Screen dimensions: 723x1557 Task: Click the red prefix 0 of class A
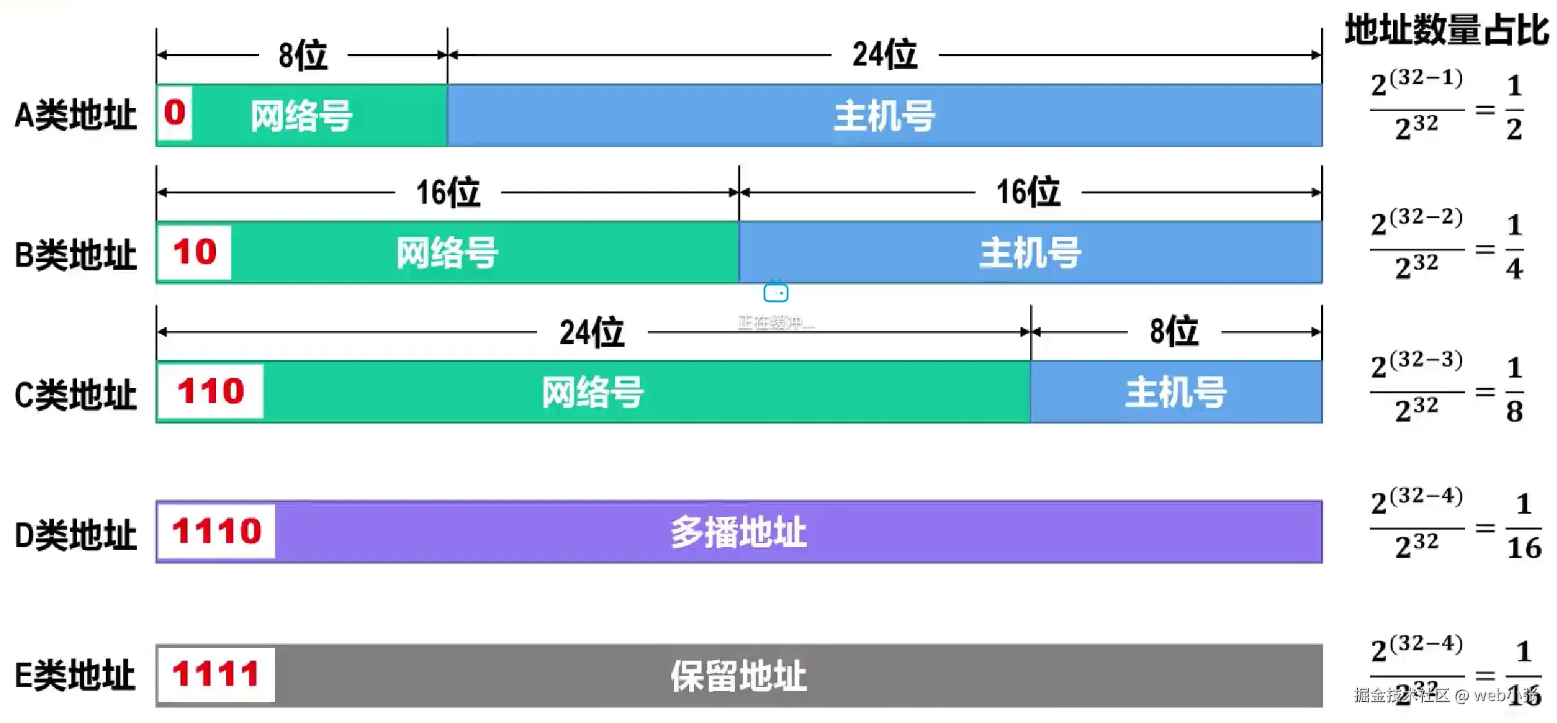pyautogui.click(x=175, y=113)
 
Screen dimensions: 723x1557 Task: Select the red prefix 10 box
pyautogui.click(x=195, y=252)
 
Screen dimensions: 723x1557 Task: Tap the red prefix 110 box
pyautogui.click(x=211, y=391)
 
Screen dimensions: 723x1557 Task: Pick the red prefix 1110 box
pyautogui.click(x=217, y=531)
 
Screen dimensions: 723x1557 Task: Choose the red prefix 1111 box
pyautogui.click(x=216, y=674)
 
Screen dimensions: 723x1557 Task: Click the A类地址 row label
pyautogui.click(x=76, y=116)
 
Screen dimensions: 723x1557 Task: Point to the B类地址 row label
pyautogui.click(x=76, y=254)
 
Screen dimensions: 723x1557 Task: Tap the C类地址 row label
pyautogui.click(x=76, y=394)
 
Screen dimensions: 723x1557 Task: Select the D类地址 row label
pyautogui.click(x=76, y=535)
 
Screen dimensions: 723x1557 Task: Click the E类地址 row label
pyautogui.click(x=76, y=675)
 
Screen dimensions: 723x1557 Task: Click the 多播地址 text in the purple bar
pyautogui.click(x=738, y=532)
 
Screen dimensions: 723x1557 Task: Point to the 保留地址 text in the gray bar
pyautogui.click(x=738, y=676)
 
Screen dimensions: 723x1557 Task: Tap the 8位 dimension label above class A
pyautogui.click(x=303, y=55)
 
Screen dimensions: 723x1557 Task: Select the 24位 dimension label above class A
pyautogui.click(x=884, y=55)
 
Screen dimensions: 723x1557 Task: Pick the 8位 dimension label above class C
pyautogui.click(x=1174, y=332)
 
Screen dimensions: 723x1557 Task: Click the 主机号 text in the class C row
pyautogui.click(x=1176, y=392)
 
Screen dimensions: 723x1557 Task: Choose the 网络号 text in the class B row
pyautogui.click(x=447, y=253)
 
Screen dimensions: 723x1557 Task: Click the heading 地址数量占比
pyautogui.click(x=1446, y=30)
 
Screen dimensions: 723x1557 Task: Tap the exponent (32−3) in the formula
pyautogui.click(x=1426, y=359)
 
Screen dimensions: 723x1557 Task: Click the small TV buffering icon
pyautogui.click(x=776, y=292)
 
